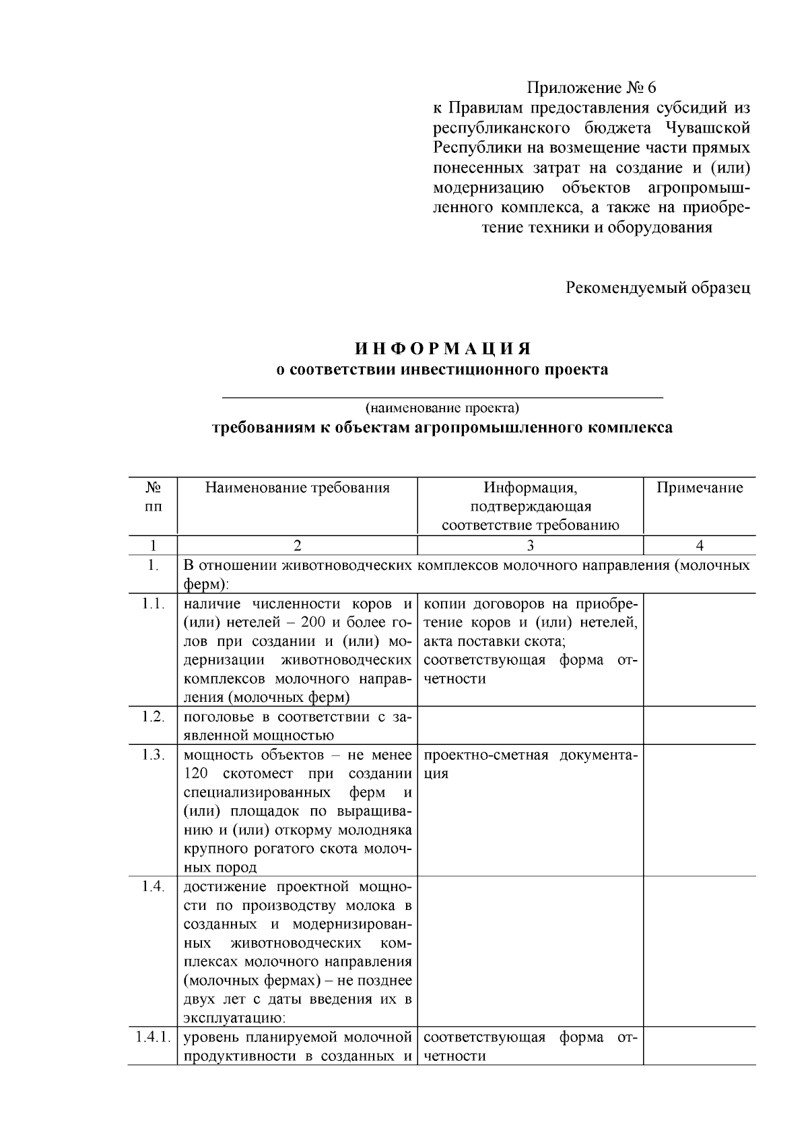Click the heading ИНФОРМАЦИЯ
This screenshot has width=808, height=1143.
pyautogui.click(x=443, y=349)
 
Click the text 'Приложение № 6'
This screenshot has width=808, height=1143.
pyautogui.click(x=591, y=88)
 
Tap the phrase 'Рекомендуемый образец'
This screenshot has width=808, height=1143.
pyautogui.click(x=657, y=288)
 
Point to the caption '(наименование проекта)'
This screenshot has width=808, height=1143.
pyautogui.click(x=442, y=408)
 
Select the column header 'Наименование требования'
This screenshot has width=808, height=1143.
pyautogui.click(x=297, y=488)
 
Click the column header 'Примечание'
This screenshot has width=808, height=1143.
pyautogui.click(x=700, y=488)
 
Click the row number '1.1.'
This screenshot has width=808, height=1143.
pyautogui.click(x=153, y=603)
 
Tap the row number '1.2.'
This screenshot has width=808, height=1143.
pyautogui.click(x=153, y=717)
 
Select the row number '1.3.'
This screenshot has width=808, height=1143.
pyautogui.click(x=153, y=754)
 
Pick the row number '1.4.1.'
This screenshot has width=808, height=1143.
pyautogui.click(x=153, y=1037)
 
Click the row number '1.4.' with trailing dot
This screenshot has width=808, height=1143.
pyautogui.click(x=153, y=886)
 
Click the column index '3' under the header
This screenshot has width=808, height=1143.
pyautogui.click(x=530, y=546)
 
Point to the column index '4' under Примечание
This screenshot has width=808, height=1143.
pyautogui.click(x=699, y=546)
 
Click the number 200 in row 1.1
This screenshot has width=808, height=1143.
pyautogui.click(x=319, y=622)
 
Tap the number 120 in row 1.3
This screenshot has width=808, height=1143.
pyautogui.click(x=197, y=773)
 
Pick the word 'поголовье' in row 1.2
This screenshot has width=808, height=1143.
pyautogui.click(x=216, y=717)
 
